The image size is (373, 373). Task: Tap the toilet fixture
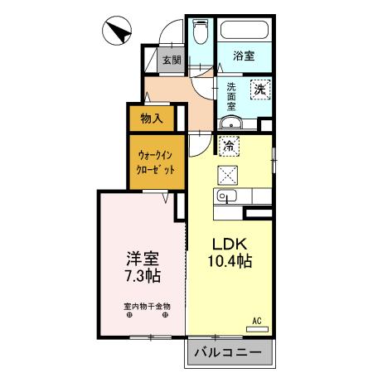click(199, 34)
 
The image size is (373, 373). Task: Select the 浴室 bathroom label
click(243, 56)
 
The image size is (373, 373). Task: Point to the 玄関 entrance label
click(171, 60)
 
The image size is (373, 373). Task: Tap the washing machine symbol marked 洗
click(259, 89)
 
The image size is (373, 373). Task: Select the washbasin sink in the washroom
click(230, 124)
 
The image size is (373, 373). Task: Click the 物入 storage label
click(152, 119)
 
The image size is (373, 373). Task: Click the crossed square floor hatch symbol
click(228, 173)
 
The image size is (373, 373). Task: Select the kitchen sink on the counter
click(225, 196)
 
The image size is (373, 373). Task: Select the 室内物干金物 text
click(147, 304)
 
